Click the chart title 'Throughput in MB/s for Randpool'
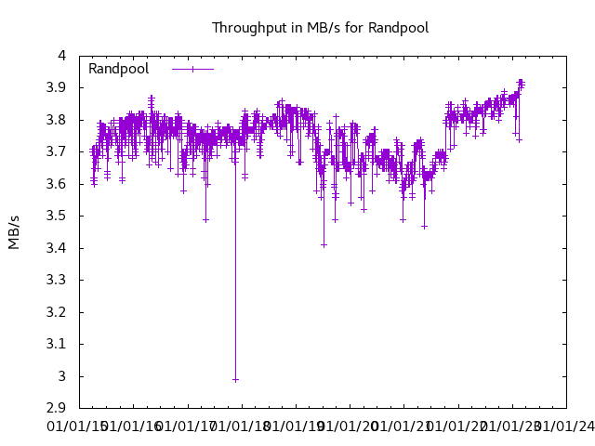(x=320, y=28)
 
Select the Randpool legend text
(x=118, y=69)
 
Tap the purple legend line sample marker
(x=192, y=69)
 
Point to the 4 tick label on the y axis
(x=61, y=56)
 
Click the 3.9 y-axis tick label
(x=56, y=88)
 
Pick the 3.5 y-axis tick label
(x=56, y=216)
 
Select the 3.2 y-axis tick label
(x=56, y=312)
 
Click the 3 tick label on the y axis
(x=61, y=376)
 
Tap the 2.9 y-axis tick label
(x=56, y=409)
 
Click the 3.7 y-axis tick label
(x=56, y=152)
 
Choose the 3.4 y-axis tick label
(x=56, y=248)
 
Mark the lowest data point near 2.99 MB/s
(x=235, y=379)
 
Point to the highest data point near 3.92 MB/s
(x=521, y=81)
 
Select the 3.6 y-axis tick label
(x=56, y=184)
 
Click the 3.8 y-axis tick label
(x=56, y=120)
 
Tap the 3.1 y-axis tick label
(x=56, y=345)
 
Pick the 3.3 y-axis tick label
(x=56, y=281)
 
